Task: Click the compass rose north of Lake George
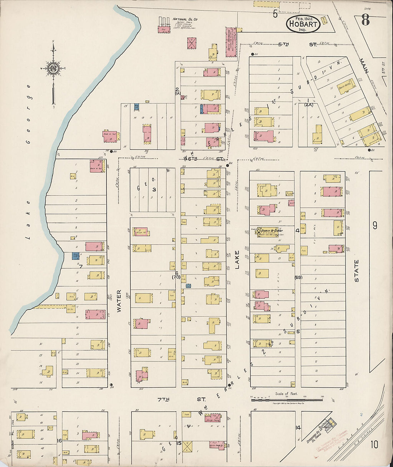tap(53, 68)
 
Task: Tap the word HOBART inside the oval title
tap(303, 24)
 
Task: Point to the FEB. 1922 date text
tap(303, 18)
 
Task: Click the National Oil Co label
tap(185, 19)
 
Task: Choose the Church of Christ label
tap(272, 230)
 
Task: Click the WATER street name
tap(119, 301)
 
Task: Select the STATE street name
tap(356, 271)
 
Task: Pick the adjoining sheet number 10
tap(374, 444)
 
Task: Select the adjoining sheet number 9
tap(374, 225)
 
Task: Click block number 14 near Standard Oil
tap(298, 427)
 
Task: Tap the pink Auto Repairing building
tap(231, 42)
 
